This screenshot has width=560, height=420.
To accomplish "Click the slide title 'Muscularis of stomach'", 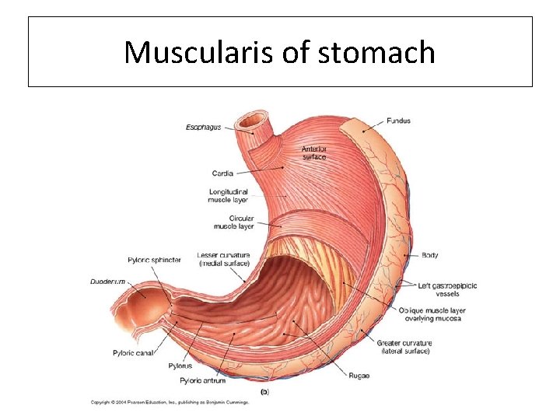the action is point(280,53).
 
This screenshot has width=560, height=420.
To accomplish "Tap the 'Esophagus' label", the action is point(203,127).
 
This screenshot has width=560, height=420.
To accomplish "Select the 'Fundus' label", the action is point(398,121).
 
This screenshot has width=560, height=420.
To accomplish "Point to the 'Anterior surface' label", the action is point(314,152).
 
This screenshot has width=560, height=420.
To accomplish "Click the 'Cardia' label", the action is point(222,173).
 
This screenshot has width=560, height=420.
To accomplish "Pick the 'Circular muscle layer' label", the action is point(233,222).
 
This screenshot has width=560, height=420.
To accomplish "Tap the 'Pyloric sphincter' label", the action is point(154,260).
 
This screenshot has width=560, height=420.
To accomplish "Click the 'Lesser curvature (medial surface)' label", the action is point(223,259).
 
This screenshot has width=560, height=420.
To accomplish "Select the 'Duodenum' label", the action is point(108,282).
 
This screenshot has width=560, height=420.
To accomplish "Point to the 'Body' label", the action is point(429,255).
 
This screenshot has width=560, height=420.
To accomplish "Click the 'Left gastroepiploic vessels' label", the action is point(447,290).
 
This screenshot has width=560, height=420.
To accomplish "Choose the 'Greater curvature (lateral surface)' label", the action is point(404,347).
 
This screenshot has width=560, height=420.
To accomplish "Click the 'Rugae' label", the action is point(359,376).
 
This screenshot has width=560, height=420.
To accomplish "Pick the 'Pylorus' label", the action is point(180,366).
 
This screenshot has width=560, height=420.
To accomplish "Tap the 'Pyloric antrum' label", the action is point(202,380).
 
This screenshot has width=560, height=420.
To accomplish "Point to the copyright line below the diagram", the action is point(170,402).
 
